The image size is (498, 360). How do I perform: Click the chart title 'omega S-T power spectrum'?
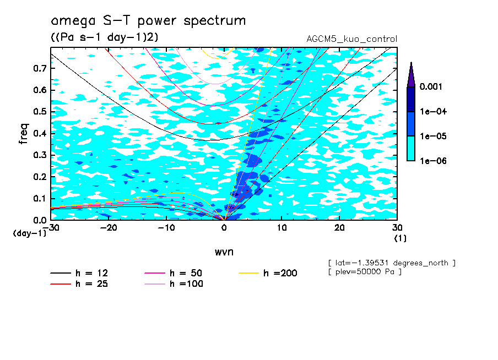pyautogui.click(x=148, y=21)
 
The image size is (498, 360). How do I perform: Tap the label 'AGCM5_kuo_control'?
pyautogui.click(x=351, y=39)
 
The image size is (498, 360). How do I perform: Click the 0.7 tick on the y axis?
pyautogui.click(x=40, y=68)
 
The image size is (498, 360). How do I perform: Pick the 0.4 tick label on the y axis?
pyautogui.click(x=40, y=133)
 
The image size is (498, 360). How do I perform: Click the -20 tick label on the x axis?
pyautogui.click(x=109, y=228)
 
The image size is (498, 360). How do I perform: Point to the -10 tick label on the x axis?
pyautogui.click(x=166, y=228)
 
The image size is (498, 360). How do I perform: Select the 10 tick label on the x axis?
pyautogui.click(x=282, y=228)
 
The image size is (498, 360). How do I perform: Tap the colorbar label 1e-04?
pyautogui.click(x=432, y=112)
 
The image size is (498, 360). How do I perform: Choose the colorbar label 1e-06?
pyautogui.click(x=432, y=161)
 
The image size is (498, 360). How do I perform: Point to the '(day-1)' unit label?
pyautogui.click(x=30, y=233)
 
